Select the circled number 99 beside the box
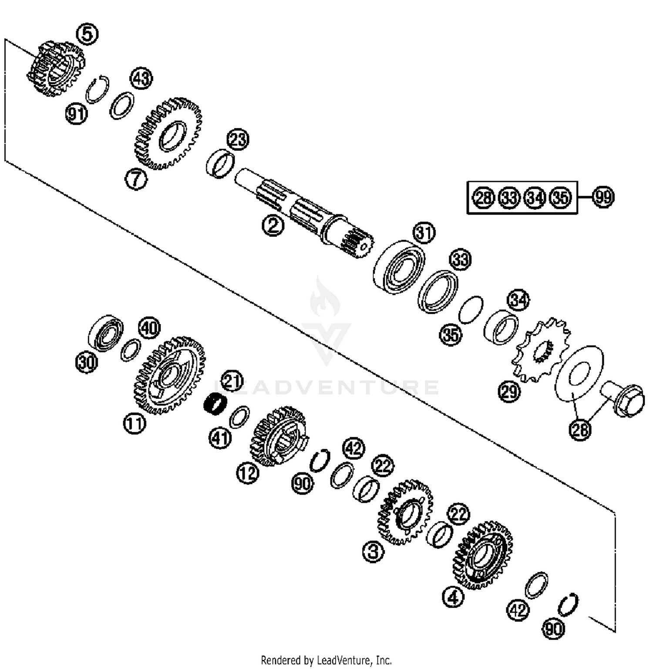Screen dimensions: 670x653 point(603,197)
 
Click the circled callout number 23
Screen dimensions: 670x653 point(238,140)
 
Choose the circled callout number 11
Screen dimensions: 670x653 point(134,423)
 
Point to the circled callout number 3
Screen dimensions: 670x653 point(373,552)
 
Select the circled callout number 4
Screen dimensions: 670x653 point(453,597)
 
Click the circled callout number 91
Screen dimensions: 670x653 point(77,114)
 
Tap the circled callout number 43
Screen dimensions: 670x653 point(141,79)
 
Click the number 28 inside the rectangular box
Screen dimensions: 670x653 point(483,198)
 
